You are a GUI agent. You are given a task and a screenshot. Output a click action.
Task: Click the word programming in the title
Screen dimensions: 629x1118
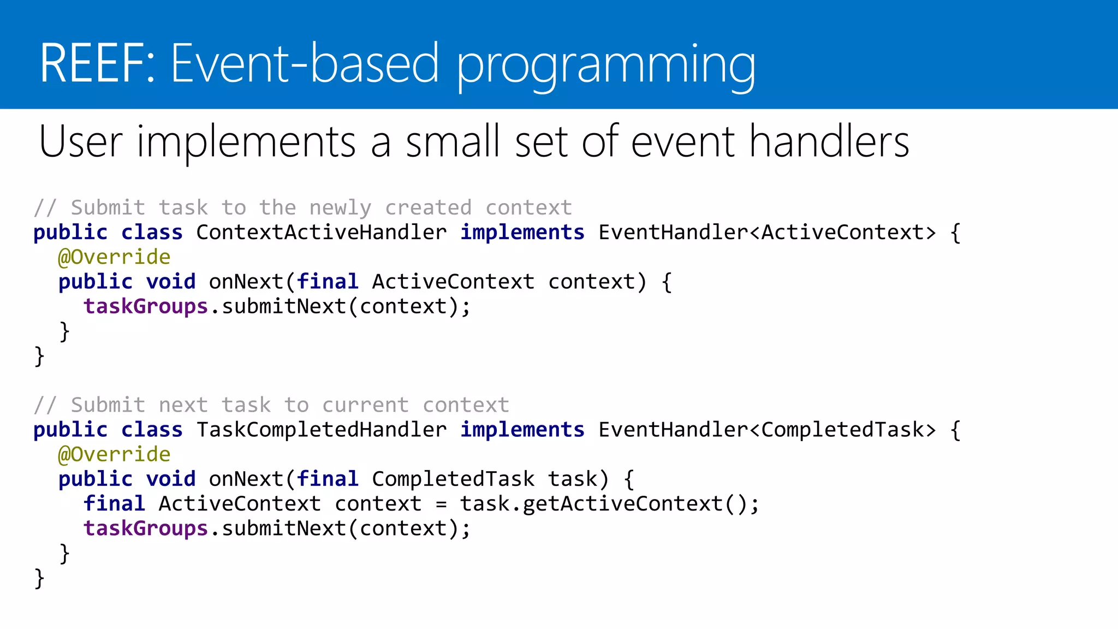coord(606,66)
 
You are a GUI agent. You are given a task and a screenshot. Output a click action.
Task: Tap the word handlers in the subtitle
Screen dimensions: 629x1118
coord(829,142)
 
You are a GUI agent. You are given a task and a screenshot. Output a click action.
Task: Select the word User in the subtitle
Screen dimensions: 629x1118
coord(80,142)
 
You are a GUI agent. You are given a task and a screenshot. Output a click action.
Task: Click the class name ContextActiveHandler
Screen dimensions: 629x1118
coord(321,233)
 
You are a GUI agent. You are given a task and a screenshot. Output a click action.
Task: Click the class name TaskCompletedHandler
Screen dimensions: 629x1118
coord(321,430)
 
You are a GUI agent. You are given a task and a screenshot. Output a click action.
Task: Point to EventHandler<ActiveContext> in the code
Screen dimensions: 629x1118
coord(767,233)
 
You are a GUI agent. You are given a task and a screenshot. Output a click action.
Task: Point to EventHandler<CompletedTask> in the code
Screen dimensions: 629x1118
coord(767,430)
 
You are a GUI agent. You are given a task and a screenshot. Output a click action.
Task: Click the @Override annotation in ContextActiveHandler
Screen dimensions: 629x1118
coord(114,257)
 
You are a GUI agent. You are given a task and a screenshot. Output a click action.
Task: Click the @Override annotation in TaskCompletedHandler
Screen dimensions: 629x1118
coord(114,454)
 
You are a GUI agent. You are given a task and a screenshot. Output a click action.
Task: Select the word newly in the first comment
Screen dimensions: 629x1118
coord(340,208)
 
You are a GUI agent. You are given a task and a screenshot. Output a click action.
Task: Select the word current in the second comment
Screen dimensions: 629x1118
coord(365,405)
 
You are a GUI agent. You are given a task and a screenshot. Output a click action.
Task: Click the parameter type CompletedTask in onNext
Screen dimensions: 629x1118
coord(453,479)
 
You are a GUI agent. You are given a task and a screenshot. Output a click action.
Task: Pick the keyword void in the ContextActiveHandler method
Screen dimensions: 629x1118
coord(170,282)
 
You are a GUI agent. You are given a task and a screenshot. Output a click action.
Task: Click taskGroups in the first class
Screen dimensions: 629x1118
coord(145,307)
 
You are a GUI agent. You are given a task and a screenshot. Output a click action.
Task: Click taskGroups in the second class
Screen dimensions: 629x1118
coord(145,529)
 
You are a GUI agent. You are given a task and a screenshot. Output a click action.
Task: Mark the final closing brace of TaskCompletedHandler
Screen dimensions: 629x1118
coord(39,578)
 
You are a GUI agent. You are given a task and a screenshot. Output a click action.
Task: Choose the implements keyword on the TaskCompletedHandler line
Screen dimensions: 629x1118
coord(522,430)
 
